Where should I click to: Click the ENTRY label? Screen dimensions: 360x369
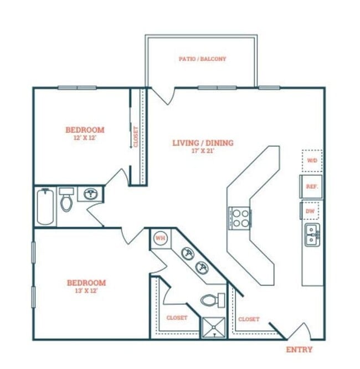(299, 350)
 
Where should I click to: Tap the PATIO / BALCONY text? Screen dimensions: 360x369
(202, 59)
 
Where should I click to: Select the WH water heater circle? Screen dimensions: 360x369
(161, 238)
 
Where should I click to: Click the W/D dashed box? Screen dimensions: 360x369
(312, 160)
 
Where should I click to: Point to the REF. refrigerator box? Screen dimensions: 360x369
(311, 186)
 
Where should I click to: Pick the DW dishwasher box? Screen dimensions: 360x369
(310, 211)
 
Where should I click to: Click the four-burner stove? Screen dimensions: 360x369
(240, 218)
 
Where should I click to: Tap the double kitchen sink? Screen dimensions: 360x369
(312, 235)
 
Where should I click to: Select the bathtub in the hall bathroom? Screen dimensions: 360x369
(45, 206)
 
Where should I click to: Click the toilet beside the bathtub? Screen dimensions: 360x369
(66, 199)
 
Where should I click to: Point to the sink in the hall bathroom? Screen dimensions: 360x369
(90, 194)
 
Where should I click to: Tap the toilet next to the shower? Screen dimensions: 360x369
(212, 300)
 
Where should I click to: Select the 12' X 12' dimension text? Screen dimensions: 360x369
(85, 138)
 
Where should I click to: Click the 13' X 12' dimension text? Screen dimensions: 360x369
(86, 290)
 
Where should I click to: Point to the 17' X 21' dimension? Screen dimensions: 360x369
(203, 151)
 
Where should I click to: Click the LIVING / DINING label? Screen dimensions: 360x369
(203, 143)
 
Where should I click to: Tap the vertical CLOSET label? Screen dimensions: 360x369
(136, 137)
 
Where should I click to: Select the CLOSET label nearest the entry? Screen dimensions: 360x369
(249, 319)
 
